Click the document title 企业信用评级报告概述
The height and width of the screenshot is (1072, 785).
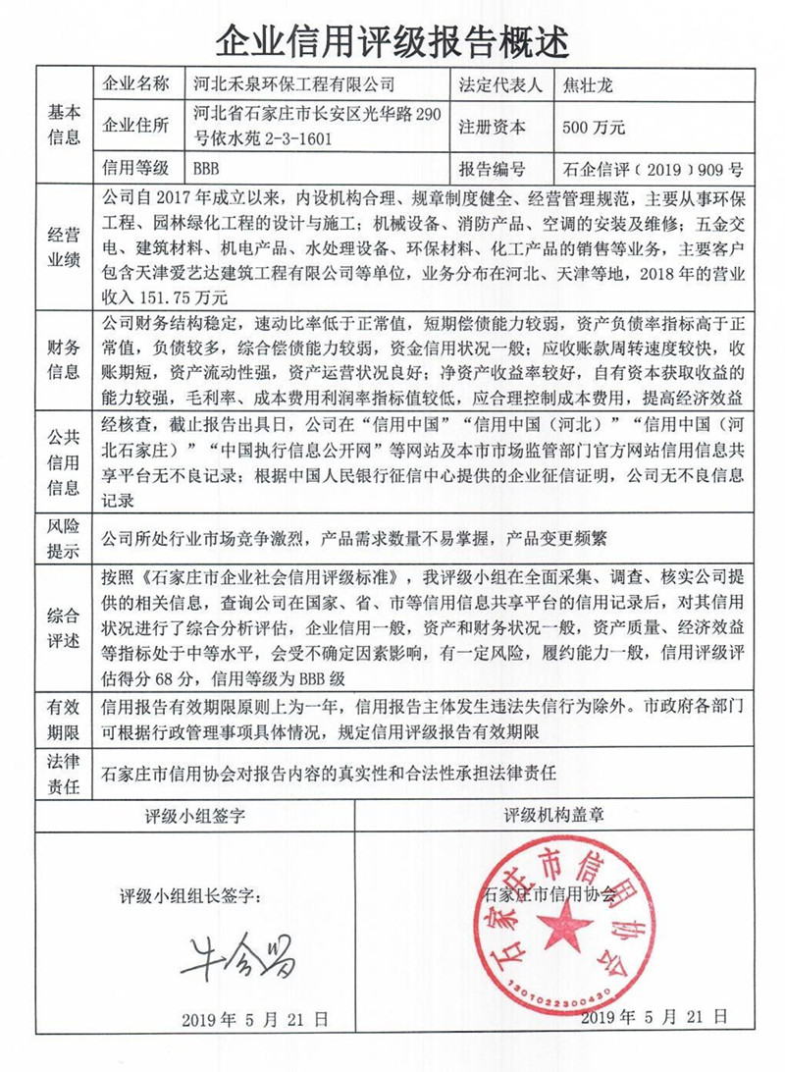(x=392, y=38)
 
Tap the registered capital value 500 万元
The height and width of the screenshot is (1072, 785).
(x=595, y=128)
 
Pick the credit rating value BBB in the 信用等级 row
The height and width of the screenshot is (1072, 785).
(x=211, y=168)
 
